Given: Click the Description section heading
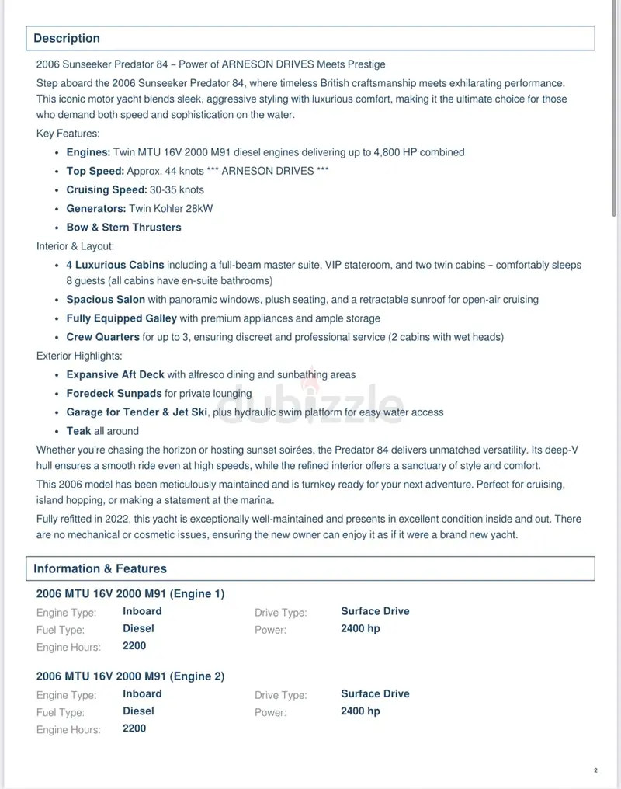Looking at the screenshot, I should pyautogui.click(x=67, y=38).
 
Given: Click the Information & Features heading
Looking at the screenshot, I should pyautogui.click(x=99, y=568).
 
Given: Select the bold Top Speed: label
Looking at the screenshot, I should pyautogui.click(x=95, y=171).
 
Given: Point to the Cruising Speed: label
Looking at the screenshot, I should pyautogui.click(x=106, y=189).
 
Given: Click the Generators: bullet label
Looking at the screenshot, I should pyautogui.click(x=96, y=208).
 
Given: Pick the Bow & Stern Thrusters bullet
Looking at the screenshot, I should pyautogui.click(x=123, y=228).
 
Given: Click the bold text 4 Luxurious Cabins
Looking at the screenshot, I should pyautogui.click(x=115, y=265).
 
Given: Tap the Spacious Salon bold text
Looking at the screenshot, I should pyautogui.click(x=106, y=299).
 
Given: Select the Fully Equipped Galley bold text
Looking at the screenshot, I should pyautogui.click(x=121, y=318).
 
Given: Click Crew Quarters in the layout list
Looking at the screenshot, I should pyautogui.click(x=102, y=337).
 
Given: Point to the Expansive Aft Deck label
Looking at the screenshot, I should pyautogui.click(x=115, y=374).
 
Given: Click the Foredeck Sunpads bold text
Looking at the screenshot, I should pyautogui.click(x=114, y=394).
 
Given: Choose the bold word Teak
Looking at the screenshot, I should pyautogui.click(x=78, y=431).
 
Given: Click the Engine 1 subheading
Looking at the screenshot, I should pyautogui.click(x=130, y=594).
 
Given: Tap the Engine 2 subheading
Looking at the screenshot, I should pyautogui.click(x=130, y=676).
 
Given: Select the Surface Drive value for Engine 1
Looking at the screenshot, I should pyautogui.click(x=375, y=611).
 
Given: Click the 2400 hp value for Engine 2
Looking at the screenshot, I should pyautogui.click(x=360, y=711).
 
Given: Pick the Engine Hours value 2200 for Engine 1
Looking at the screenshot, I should pyautogui.click(x=134, y=645).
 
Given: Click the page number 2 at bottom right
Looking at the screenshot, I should pyautogui.click(x=595, y=771).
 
